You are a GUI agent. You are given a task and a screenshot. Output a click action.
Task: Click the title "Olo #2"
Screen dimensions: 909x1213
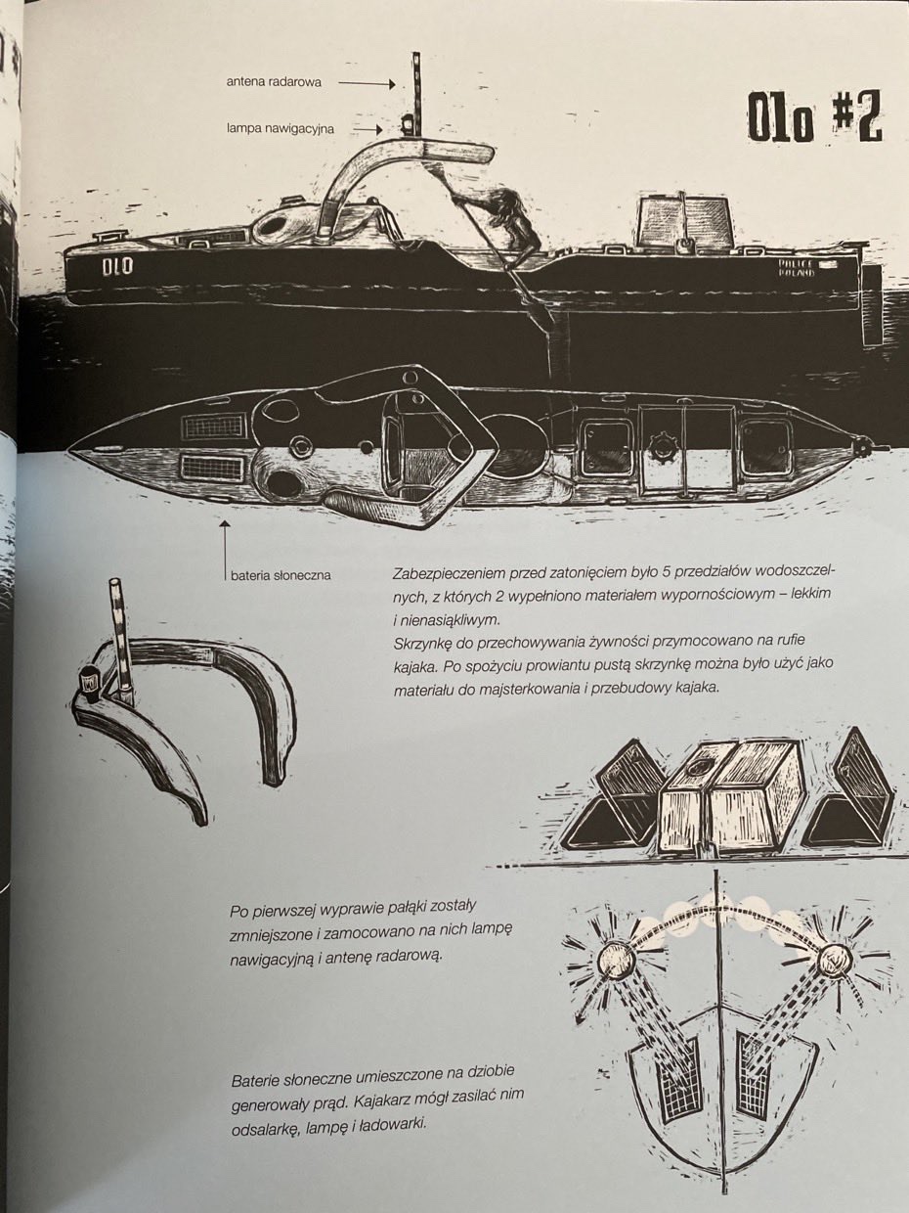814,119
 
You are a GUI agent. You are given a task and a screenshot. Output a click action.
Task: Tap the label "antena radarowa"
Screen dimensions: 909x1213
274,82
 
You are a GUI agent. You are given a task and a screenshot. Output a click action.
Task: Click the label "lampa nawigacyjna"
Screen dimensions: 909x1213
281,129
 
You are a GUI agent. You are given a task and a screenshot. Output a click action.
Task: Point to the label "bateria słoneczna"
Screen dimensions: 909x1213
281,575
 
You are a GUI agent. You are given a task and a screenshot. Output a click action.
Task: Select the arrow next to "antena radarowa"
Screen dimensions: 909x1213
368,83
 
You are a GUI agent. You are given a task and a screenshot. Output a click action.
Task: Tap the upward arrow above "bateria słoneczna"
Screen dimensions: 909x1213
225,550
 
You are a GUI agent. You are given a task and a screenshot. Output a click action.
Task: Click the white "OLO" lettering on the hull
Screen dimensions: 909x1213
117,266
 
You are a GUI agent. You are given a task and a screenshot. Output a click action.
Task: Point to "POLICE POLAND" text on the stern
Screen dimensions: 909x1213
797,267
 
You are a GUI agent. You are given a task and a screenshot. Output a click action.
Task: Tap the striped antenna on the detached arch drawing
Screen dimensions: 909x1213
122,641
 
